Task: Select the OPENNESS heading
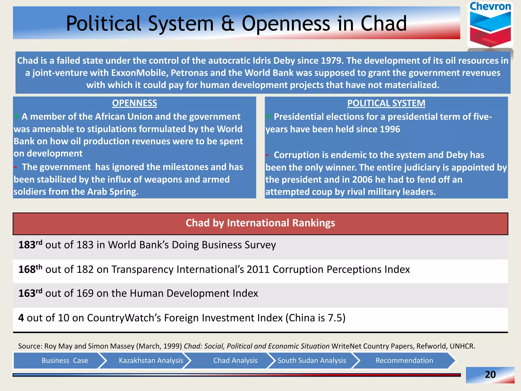(134, 103)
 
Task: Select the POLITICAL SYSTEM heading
(386, 103)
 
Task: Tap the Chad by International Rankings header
(260, 223)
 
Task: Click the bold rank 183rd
(30, 245)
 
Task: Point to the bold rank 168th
(30, 269)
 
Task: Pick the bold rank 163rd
(30, 293)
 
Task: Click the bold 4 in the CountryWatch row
(21, 318)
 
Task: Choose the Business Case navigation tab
(65, 360)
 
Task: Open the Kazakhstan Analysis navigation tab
(151, 360)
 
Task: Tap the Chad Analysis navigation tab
(235, 360)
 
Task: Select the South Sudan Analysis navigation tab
(312, 360)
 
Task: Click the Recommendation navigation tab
(404, 360)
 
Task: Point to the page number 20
(490, 374)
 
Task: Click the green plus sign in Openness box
(17, 117)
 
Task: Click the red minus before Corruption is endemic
(267, 155)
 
